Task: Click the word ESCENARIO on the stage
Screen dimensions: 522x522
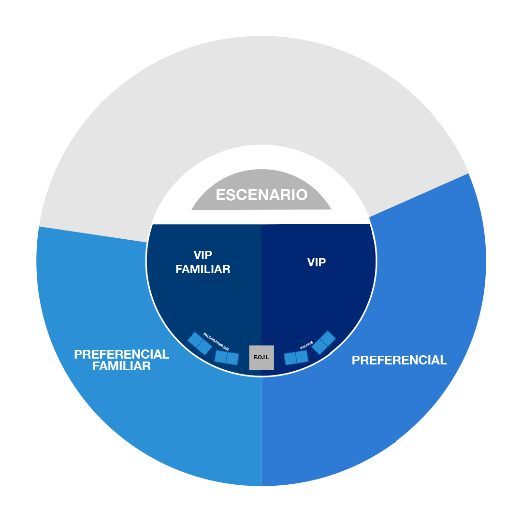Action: pyautogui.click(x=261, y=195)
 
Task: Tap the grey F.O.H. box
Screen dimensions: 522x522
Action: pyautogui.click(x=261, y=358)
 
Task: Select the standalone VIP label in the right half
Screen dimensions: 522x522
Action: pyautogui.click(x=317, y=262)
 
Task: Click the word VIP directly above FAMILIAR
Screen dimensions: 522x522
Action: pyautogui.click(x=203, y=255)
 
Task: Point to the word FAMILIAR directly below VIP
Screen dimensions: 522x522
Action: pyautogui.click(x=203, y=269)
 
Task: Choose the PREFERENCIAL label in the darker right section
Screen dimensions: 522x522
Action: pyautogui.click(x=399, y=360)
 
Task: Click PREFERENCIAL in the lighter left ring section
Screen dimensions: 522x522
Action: pyautogui.click(x=121, y=354)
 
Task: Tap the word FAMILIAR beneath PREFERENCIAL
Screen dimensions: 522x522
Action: pyautogui.click(x=121, y=366)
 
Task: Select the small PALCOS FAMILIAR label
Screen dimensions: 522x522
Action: pyautogui.click(x=216, y=342)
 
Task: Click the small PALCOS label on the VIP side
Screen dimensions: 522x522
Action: pyautogui.click(x=306, y=345)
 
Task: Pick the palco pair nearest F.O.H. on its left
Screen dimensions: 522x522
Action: pyautogui.click(x=227, y=358)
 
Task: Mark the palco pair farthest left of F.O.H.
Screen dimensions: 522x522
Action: pyautogui.click(x=200, y=343)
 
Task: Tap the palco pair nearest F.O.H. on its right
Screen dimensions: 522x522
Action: pyautogui.click(x=296, y=358)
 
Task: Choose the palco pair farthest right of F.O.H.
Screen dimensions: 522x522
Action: pyautogui.click(x=323, y=342)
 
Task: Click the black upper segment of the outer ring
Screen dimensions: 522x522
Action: pyautogui.click(x=261, y=87)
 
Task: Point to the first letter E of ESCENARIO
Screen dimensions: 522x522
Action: pyautogui.click(x=220, y=195)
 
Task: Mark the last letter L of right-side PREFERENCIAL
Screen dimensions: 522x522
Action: pyautogui.click(x=444, y=360)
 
